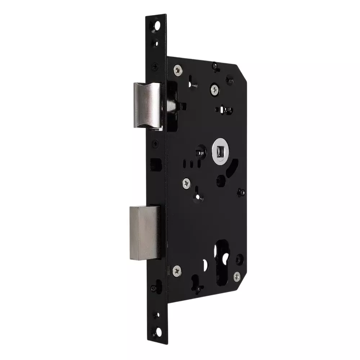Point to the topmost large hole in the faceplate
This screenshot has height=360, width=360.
click(x=157, y=26)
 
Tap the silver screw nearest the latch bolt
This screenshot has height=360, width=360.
click(x=177, y=69)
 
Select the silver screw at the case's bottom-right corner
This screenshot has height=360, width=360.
click(x=237, y=276)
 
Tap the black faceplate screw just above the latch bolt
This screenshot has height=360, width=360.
click(x=155, y=66)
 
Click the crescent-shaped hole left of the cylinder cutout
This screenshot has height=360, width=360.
click(x=206, y=266)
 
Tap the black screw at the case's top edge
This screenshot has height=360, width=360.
click(x=215, y=66)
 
